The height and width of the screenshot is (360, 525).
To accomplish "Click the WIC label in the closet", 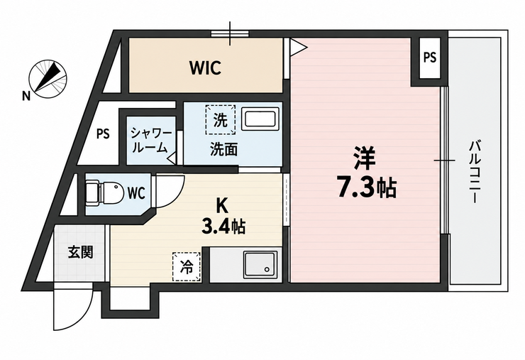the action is click(x=206, y=67).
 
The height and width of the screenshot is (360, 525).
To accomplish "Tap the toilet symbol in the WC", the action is click(x=104, y=193).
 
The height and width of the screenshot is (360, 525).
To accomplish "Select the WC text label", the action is click(x=136, y=193).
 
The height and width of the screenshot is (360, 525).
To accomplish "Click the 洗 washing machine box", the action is click(x=221, y=120).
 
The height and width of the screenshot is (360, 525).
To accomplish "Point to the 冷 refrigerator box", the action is click(x=187, y=266).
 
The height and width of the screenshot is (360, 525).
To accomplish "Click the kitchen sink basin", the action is click(x=260, y=265).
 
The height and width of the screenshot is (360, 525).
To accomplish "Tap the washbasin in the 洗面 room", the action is click(x=260, y=120).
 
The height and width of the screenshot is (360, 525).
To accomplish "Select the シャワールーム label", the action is click(x=150, y=141).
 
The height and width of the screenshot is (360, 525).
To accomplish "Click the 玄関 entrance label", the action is click(x=80, y=251).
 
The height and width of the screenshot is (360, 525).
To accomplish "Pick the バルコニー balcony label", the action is click(x=475, y=173).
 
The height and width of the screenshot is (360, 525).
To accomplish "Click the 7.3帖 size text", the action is click(x=366, y=188).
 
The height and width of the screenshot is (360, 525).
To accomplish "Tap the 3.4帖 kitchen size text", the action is click(x=223, y=227).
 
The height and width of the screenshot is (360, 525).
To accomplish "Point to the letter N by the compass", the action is click(x=26, y=96).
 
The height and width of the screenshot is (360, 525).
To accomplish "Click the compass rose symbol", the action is click(x=48, y=79).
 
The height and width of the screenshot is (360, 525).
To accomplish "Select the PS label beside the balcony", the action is click(x=430, y=58).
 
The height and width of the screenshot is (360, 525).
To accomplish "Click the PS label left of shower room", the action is click(x=103, y=134).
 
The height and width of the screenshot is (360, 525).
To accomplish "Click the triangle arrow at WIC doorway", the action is click(x=298, y=48).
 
